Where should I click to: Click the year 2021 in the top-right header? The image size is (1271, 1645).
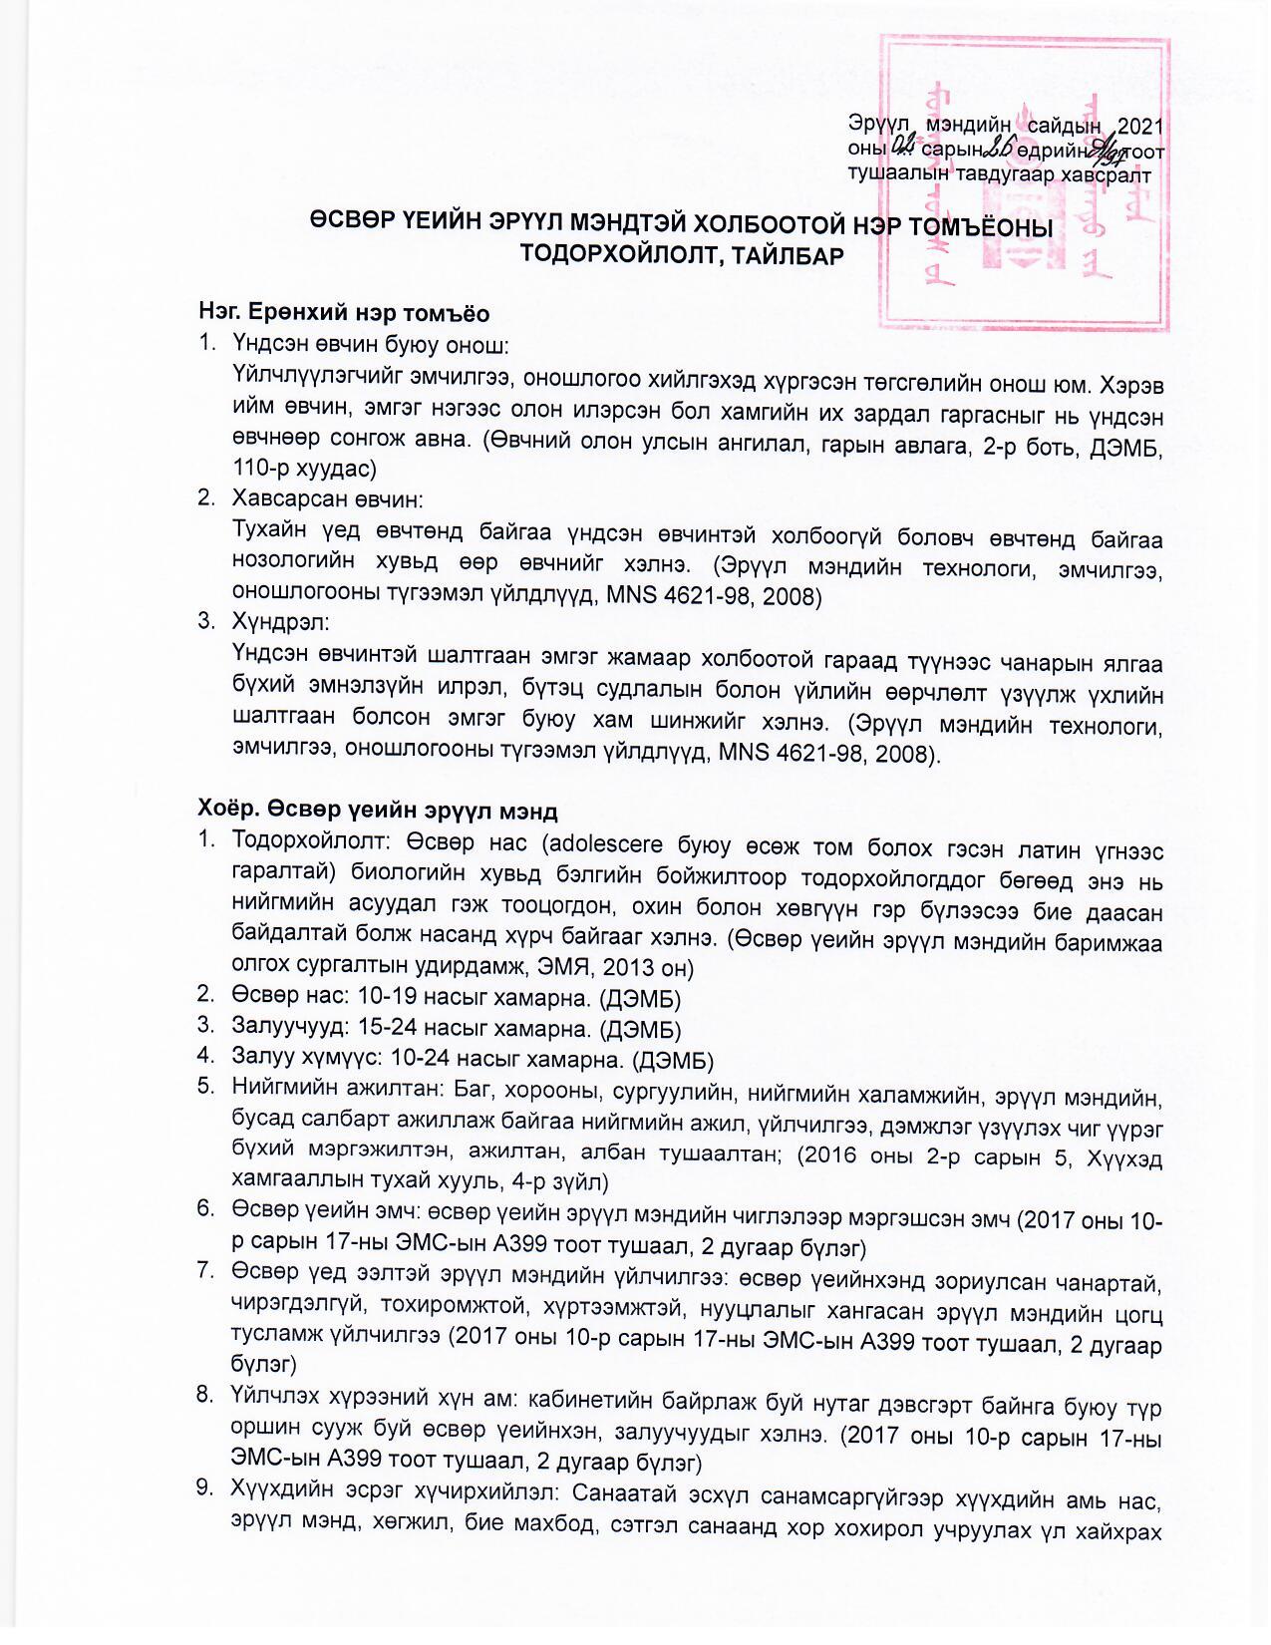click(x=1140, y=126)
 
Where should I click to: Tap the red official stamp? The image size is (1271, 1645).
click(x=1024, y=184)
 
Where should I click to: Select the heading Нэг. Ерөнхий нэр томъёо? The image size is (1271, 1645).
click(x=344, y=313)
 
